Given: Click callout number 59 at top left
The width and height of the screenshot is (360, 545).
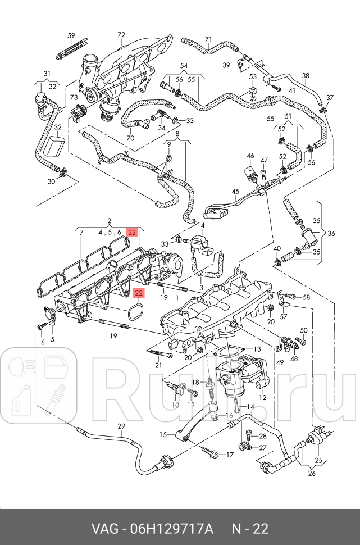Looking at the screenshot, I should tap(71, 36).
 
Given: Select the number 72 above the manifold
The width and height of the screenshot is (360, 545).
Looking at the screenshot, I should tap(121, 35).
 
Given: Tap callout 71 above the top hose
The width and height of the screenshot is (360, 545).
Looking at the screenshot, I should tap(208, 39).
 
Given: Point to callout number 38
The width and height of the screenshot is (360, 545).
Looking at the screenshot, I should tap(306, 76).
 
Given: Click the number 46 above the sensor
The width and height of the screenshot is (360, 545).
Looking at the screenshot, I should tap(250, 156).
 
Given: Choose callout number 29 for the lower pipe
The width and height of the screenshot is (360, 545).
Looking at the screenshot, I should tap(121, 426).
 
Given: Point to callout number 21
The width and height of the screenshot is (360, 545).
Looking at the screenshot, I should tap(158, 365).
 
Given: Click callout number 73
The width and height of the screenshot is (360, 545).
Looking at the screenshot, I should tap(74, 98).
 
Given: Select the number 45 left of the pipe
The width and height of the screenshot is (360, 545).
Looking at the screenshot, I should tap(235, 191).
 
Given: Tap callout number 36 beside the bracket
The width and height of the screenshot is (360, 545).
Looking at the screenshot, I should tap(331, 233).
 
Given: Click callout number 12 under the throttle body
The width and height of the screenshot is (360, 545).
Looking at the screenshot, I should tap(262, 397).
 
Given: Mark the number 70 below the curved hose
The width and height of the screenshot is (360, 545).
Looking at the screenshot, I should tap(130, 138).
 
